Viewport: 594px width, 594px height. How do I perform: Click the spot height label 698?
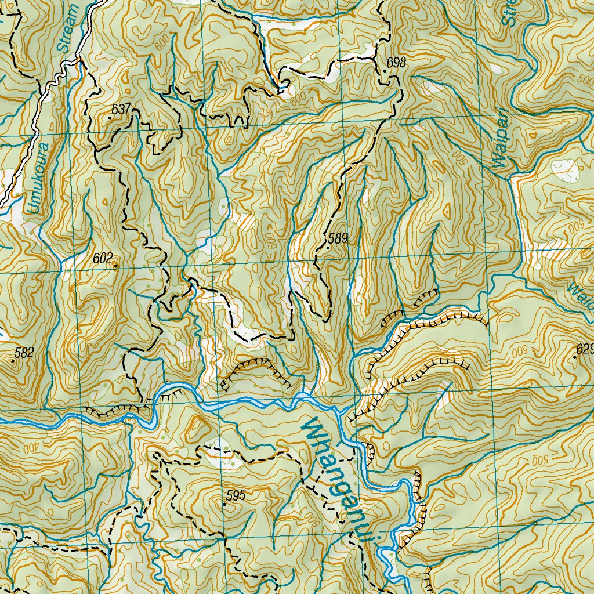(397, 63)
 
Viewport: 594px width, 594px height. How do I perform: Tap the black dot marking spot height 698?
(385, 70)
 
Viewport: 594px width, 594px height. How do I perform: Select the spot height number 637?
(121, 108)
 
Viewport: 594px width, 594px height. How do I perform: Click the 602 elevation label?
(102, 259)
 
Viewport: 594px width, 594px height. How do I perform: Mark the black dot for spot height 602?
(115, 266)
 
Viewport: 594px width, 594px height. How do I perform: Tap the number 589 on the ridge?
(338, 238)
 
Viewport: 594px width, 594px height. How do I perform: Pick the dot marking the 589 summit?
(328, 248)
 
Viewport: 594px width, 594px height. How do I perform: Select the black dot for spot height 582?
(13, 360)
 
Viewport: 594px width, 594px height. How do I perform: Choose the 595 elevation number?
(236, 496)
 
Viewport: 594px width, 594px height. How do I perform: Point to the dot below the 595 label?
(224, 505)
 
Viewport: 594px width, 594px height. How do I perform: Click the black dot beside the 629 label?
(575, 357)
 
